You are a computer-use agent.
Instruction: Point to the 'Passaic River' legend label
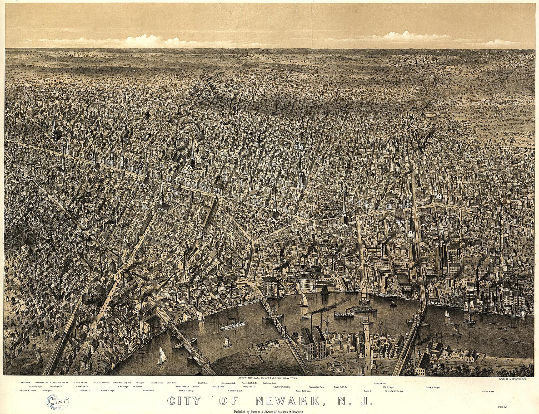click(487, 392)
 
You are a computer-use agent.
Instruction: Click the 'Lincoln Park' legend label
click(25, 382)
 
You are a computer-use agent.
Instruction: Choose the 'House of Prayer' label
click(433, 388)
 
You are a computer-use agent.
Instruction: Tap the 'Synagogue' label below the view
click(140, 382)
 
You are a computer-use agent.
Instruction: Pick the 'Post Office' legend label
click(203, 382)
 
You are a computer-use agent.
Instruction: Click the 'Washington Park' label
click(316, 387)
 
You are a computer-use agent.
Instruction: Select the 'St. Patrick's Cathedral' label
click(281, 387)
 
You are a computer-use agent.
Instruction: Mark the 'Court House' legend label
click(172, 382)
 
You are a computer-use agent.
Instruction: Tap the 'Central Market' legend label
click(148, 391)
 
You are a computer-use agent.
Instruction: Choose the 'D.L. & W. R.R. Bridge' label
click(394, 391)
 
